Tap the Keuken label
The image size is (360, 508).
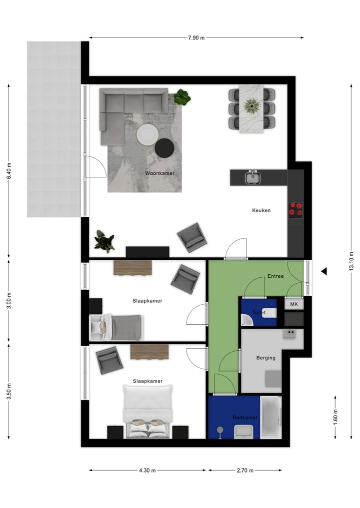tap(261, 210)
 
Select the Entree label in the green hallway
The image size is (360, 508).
tap(275, 276)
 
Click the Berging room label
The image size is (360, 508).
tap(265, 358)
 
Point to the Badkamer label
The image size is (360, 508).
tap(245, 417)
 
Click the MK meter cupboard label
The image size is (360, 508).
tap(294, 304)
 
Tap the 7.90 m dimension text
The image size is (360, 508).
tap(196, 37)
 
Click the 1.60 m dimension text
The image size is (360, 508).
tap(335, 416)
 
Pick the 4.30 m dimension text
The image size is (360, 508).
tap(147, 470)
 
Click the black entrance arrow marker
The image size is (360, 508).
tap(324, 271)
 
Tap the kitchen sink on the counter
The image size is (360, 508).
tap(253, 177)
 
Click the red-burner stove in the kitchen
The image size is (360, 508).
tap(295, 209)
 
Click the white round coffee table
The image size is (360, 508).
tap(147, 134)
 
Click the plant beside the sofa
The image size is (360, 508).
tap(182, 97)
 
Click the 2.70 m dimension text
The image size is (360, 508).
tap(244, 470)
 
